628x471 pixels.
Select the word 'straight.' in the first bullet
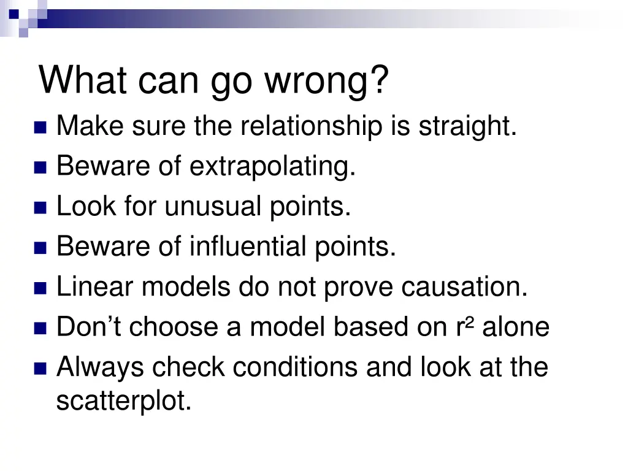[468, 127]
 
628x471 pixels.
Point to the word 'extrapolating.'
[272, 167]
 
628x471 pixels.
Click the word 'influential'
[248, 247]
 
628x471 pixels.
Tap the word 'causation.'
[464, 287]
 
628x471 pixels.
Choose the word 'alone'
[516, 327]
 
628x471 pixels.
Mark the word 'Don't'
[90, 327]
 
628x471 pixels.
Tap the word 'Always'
[101, 367]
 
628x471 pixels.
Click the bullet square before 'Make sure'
[40, 128]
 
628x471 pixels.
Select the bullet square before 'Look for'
[40, 208]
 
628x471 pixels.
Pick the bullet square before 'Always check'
[40, 369]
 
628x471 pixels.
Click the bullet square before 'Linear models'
[40, 288]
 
